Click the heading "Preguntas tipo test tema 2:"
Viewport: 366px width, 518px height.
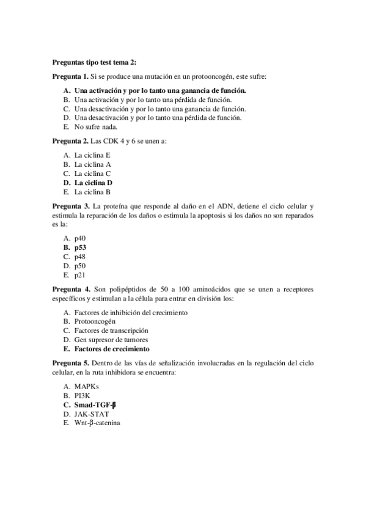(x=94, y=62)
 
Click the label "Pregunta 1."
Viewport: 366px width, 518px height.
(x=70, y=76)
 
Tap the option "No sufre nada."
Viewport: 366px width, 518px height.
(x=95, y=126)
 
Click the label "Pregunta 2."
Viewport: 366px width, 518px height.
(x=70, y=140)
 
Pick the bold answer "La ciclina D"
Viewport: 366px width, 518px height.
(x=93, y=182)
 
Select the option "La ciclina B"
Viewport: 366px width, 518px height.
(x=92, y=191)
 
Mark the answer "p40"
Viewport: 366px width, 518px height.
(x=80, y=238)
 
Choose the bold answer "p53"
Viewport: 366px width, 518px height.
(x=81, y=247)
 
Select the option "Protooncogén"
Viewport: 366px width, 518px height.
(x=95, y=321)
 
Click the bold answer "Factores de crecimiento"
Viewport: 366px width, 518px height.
(x=112, y=349)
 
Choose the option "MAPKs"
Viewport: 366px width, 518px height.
(x=86, y=386)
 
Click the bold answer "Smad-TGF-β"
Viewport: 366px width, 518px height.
(x=95, y=404)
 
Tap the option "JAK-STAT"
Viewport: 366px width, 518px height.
(x=92, y=414)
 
